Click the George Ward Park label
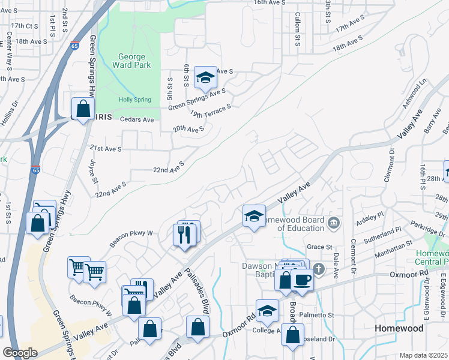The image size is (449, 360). coord(131,60)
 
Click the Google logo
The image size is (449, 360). coord(20,353)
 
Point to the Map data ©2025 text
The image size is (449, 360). coord(424,355)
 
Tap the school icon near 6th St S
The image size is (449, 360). coord(205,78)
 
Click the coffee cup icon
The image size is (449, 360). coord(302,280)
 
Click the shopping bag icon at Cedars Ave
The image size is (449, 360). coord(83,110)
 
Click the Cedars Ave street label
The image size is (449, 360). coord(137,119)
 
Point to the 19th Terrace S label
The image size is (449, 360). coord(210,111)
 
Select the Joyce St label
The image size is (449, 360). coord(93,171)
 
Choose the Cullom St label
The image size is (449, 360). coord(297,32)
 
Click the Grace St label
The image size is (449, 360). coord(319,247)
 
